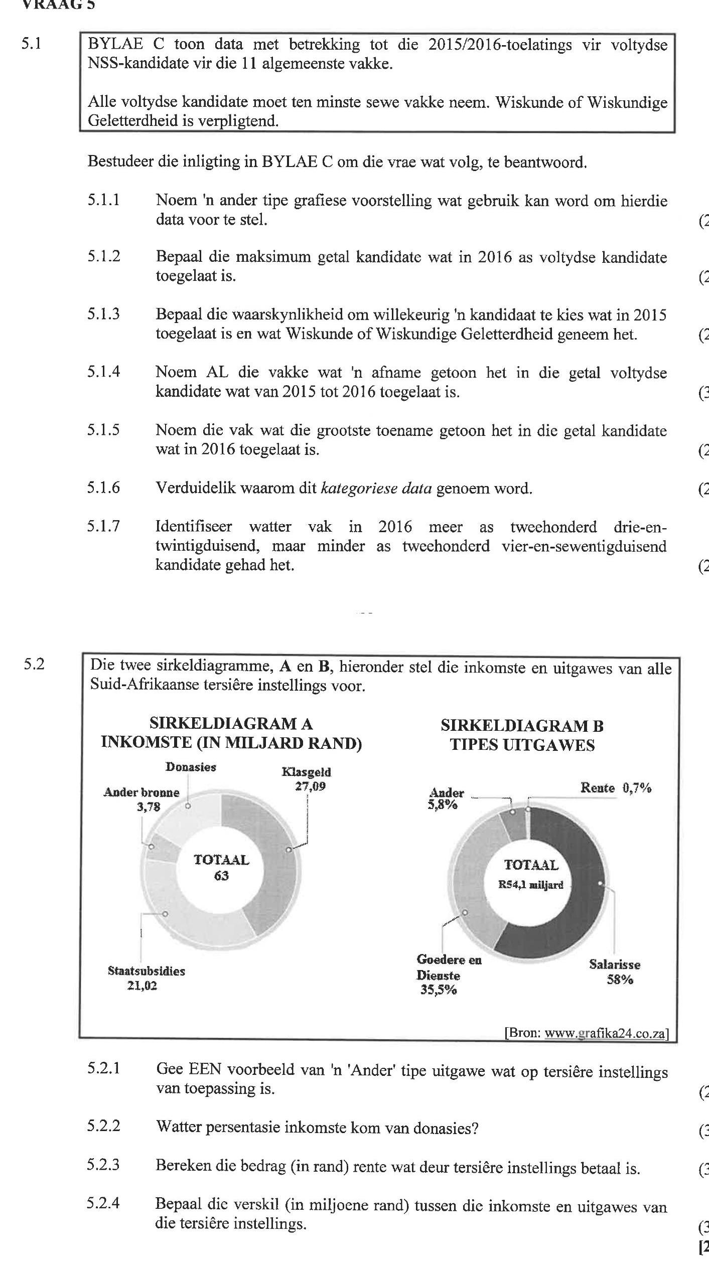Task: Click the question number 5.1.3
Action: (103, 314)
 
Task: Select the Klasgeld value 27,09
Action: (310, 786)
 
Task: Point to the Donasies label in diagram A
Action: (191, 767)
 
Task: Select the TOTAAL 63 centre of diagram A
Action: (221, 868)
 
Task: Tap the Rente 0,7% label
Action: (616, 788)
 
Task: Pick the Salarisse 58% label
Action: (615, 972)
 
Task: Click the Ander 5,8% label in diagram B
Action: (446, 799)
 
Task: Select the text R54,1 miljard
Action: (530, 885)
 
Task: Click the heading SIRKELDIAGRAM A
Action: (231, 724)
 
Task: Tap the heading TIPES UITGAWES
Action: (522, 745)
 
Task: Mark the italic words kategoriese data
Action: (376, 488)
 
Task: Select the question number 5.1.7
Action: (103, 526)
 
